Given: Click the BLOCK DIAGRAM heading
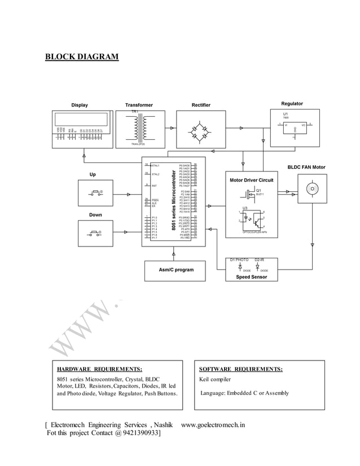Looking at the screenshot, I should pos(82,57).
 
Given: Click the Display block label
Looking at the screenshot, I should pos(79,104).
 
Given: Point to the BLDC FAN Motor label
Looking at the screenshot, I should pos(306,168).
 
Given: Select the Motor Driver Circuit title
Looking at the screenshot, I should pos(251,180).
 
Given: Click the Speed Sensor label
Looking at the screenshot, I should pos(251,277).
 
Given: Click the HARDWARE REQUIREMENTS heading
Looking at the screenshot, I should pos(99,369).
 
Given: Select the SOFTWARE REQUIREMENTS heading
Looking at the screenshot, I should pos(241,369).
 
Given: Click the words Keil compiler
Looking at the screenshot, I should pos(215,379).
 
